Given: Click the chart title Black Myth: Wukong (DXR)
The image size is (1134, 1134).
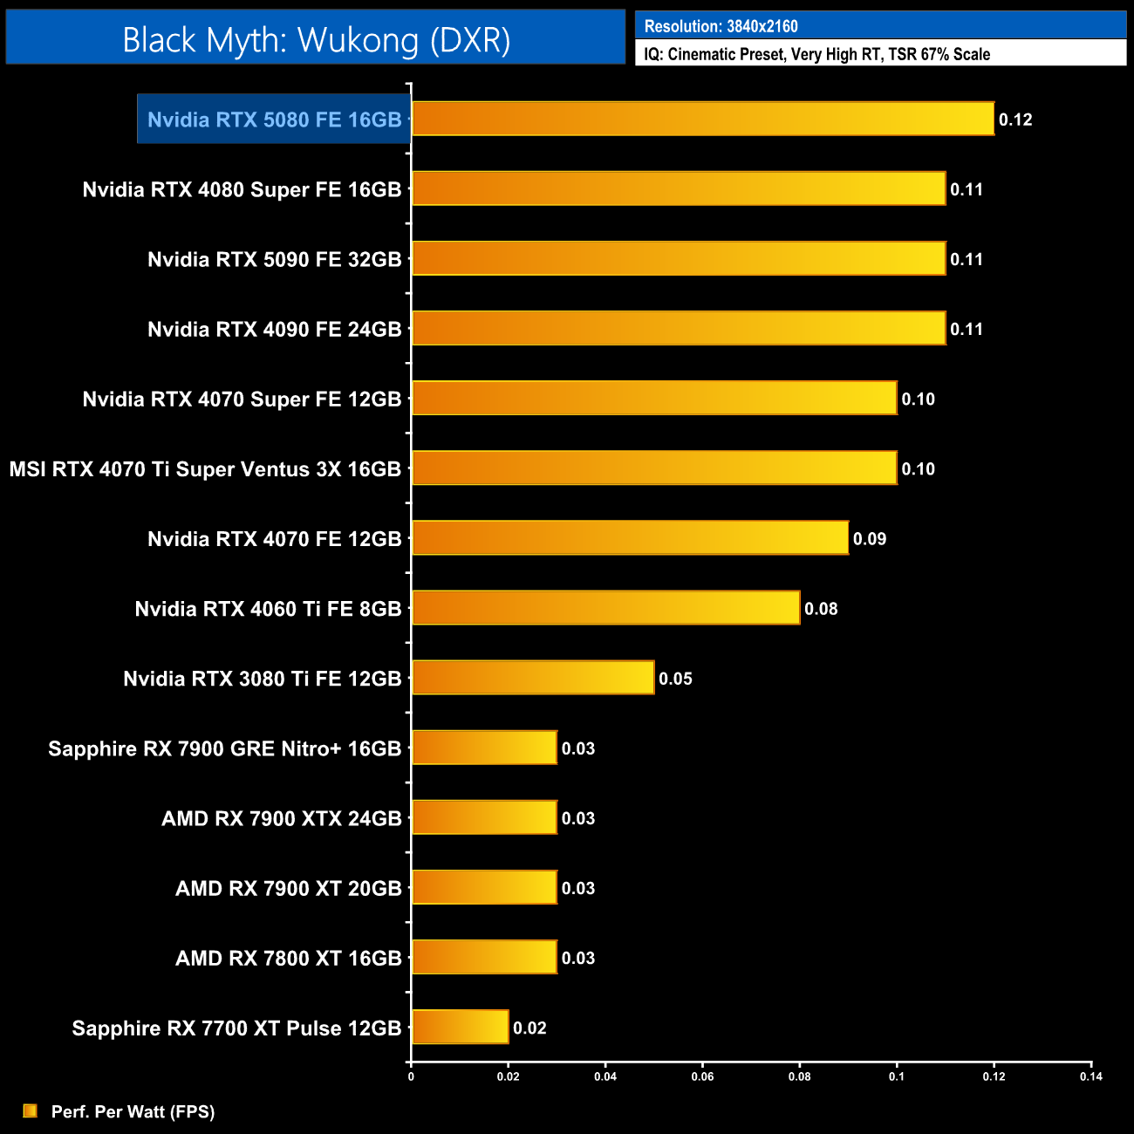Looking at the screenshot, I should tap(316, 40).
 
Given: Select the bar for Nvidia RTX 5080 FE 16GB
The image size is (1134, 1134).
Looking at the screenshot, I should tap(702, 119).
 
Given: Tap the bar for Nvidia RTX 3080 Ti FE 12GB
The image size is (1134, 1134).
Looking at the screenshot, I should tap(532, 678).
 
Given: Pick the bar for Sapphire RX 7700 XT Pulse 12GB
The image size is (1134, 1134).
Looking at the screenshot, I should tap(460, 1027).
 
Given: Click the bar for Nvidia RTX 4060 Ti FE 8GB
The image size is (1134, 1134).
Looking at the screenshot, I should tap(605, 608).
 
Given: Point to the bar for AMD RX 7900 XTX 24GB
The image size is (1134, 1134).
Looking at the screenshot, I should tap(484, 817).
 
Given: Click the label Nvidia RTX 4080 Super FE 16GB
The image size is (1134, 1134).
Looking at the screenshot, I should tap(242, 189).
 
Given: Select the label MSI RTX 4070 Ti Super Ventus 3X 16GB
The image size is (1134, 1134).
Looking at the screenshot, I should tap(205, 469).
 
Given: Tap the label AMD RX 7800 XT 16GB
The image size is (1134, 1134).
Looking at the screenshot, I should tap(288, 958).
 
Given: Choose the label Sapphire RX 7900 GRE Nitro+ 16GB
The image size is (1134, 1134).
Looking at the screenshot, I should tap(224, 748).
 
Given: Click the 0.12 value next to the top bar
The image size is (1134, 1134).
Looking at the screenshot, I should tap(1015, 120).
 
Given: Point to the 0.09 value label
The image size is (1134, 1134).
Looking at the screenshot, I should tap(870, 539).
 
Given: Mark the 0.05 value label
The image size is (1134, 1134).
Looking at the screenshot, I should tap(675, 679).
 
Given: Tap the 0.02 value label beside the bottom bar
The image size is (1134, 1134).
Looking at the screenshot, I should tap(529, 1028).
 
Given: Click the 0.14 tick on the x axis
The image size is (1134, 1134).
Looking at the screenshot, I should tap(1090, 1076).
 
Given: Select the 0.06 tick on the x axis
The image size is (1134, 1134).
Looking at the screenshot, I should tap(702, 1076).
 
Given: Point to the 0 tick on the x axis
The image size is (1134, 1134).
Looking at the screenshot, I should tap(411, 1076).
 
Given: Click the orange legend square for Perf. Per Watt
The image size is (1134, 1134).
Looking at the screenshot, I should tap(31, 1110).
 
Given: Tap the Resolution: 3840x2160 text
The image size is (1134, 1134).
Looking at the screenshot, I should tap(721, 26).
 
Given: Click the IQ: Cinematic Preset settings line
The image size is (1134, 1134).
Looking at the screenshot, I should tap(816, 54).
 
